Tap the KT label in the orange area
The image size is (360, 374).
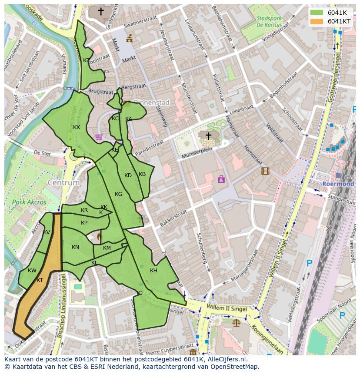(40, 280)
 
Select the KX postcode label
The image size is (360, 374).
(77, 127)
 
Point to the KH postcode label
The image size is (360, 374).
(153, 271)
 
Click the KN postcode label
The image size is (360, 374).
(75, 247)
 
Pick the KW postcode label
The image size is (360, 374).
(32, 271)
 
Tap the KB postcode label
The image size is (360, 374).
(142, 174)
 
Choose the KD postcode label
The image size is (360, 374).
(128, 175)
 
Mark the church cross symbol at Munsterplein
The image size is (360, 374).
(208, 136)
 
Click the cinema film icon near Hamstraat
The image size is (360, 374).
(265, 171)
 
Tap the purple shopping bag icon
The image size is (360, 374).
(221, 179)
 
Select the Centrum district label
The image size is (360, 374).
(64, 183)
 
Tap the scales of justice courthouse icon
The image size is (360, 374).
(236, 323)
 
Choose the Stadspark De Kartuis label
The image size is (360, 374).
(269, 22)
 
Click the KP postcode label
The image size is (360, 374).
(84, 223)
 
